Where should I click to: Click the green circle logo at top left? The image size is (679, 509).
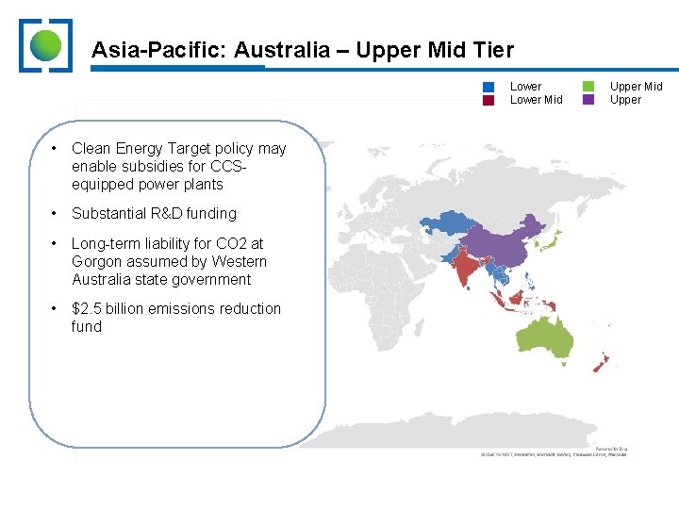(45, 44)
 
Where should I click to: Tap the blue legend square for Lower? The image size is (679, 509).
(489, 87)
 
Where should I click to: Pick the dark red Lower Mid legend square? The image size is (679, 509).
(489, 100)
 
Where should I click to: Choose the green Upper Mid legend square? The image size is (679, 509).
(588, 87)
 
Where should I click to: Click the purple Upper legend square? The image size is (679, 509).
(588, 100)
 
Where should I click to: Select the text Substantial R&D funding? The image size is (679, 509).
(154, 214)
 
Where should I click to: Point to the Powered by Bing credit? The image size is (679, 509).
(610, 448)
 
